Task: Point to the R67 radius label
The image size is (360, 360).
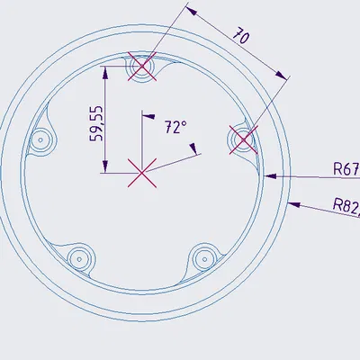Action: [346, 168]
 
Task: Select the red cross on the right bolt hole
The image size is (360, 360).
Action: [241, 139]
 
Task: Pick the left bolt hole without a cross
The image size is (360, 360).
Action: [40, 139]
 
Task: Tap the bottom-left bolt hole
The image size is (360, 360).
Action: [80, 257]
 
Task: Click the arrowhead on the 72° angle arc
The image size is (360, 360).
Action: [193, 154]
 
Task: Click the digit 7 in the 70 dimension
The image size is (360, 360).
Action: [237, 34]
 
